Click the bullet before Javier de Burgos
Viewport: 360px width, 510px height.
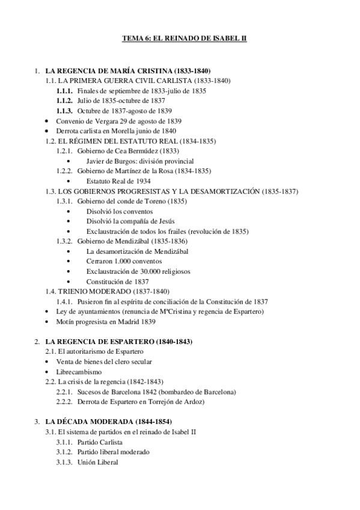72,161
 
